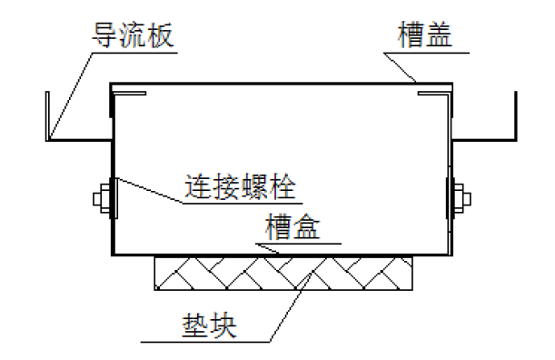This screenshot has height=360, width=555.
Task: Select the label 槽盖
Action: pos(425,36)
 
